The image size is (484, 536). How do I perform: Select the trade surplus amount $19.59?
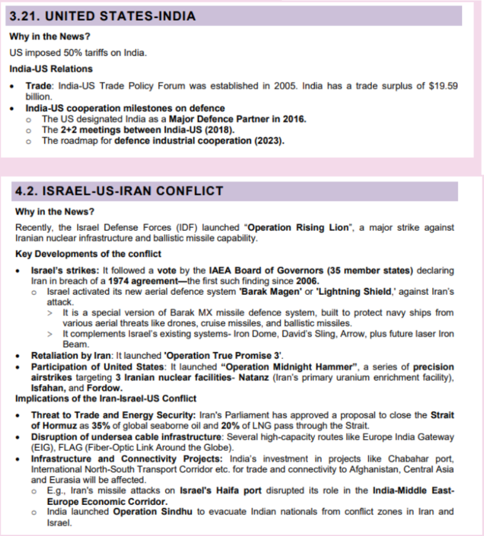click(x=444, y=86)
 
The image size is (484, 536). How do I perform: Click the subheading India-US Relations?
click(x=51, y=68)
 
